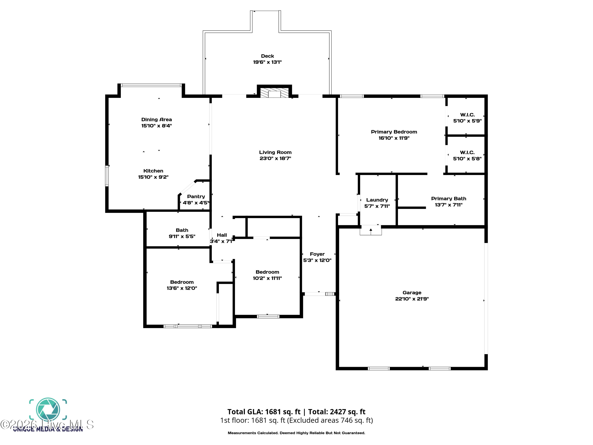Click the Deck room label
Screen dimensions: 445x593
[267, 56]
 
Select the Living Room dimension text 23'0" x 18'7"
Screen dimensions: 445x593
[275, 158]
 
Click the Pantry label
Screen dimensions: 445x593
[196, 197]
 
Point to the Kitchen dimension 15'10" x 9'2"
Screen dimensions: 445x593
[153, 177]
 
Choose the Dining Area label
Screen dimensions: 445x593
[157, 120]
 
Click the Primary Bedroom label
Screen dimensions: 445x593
[394, 132]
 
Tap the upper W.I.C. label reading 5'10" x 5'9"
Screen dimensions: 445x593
[467, 118]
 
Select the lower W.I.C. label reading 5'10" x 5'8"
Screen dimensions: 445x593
[467, 156]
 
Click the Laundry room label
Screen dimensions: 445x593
[377, 200]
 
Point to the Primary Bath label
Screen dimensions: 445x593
[449, 199]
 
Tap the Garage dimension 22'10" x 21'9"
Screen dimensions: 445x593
[412, 299]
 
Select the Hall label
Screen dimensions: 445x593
[222, 235]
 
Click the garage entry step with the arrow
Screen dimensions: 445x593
[370, 231]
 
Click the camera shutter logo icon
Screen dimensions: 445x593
[48, 410]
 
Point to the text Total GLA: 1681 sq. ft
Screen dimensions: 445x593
[264, 412]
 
